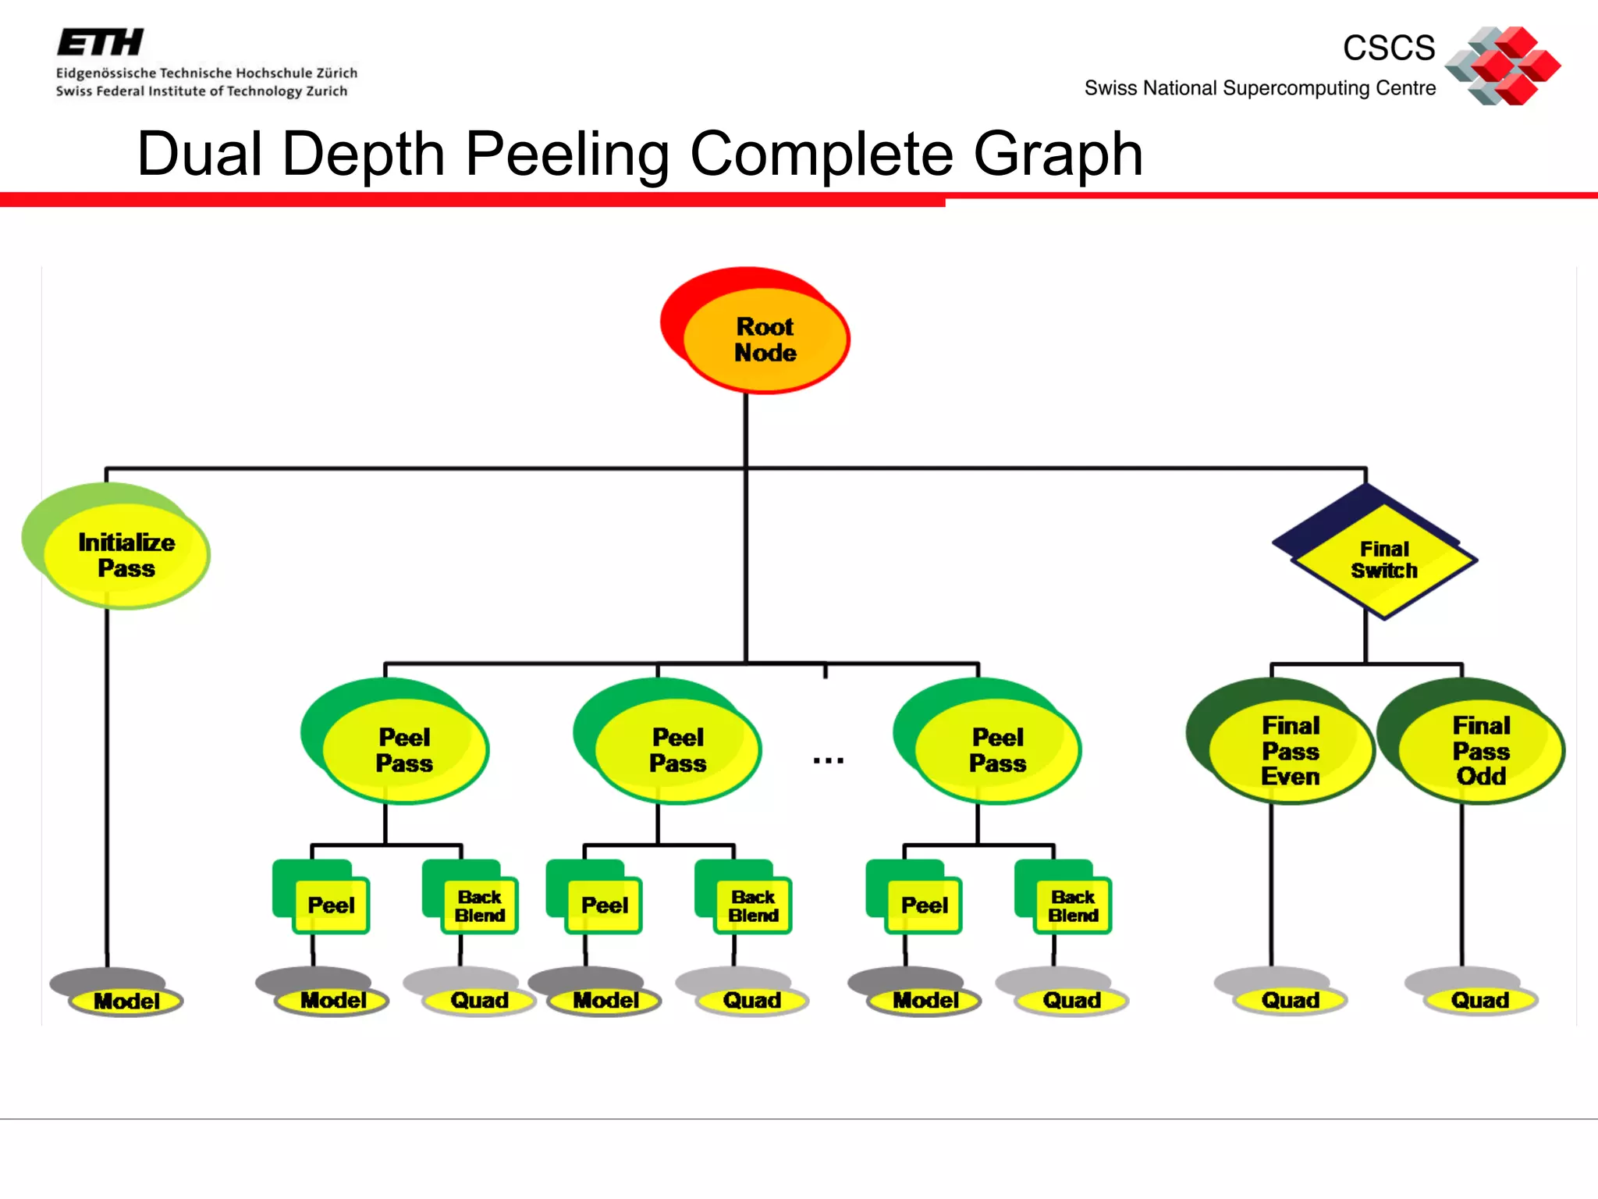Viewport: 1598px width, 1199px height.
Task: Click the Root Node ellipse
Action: [x=765, y=340]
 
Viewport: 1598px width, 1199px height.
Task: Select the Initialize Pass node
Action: [x=126, y=555]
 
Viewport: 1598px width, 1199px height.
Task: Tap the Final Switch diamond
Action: [x=1383, y=560]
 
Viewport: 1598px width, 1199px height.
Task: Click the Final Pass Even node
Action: [x=1291, y=750]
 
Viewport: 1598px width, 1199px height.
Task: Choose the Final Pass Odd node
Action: [x=1481, y=750]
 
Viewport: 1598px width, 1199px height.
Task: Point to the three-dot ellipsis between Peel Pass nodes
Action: [x=828, y=760]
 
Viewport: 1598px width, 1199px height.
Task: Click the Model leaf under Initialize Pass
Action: [x=126, y=1001]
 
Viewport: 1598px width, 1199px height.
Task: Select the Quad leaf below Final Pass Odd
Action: [x=1479, y=1000]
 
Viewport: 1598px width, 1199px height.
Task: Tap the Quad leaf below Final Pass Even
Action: [x=1290, y=1000]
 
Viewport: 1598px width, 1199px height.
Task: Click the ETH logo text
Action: [x=101, y=42]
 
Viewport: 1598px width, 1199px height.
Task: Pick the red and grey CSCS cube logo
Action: [x=1503, y=66]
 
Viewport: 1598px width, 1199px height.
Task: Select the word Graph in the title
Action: [x=1058, y=154]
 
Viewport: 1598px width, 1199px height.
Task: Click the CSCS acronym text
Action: [x=1389, y=48]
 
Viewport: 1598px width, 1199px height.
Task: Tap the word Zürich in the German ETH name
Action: [x=336, y=73]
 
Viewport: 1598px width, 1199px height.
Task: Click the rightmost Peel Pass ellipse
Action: [x=997, y=750]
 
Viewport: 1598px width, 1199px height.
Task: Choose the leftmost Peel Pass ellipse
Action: [x=404, y=750]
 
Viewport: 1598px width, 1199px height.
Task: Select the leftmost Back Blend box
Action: [x=480, y=905]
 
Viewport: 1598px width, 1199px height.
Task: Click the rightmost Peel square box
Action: [x=924, y=905]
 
